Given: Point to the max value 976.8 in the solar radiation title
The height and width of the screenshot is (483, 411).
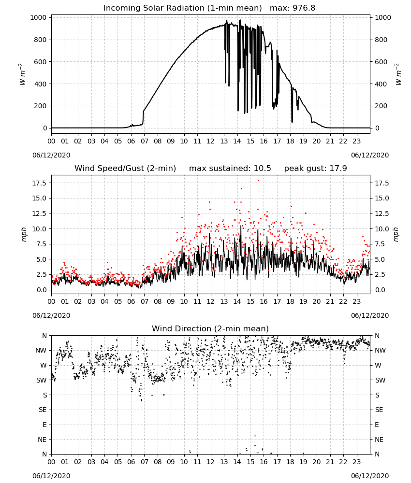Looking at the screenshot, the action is point(304,8).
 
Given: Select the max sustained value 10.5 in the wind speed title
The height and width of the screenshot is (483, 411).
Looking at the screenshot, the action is point(262,168).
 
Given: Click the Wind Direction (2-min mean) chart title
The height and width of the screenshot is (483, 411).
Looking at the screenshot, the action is point(210,328).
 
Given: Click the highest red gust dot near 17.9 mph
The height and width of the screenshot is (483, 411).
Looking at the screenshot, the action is point(258,181).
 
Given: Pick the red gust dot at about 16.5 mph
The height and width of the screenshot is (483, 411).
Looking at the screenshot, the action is point(241,188).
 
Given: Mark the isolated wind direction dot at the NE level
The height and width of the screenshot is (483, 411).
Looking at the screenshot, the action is point(255,436).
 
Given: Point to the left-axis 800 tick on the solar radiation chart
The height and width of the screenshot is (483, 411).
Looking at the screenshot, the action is point(41,40).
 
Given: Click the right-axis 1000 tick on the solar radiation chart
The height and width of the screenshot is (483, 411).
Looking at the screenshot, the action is point(382,17).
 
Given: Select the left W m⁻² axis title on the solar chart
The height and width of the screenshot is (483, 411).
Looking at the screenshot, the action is point(22,74).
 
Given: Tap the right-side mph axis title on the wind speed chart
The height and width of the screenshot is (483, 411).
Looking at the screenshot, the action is point(396,234).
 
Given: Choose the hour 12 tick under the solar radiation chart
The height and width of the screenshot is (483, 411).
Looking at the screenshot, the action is point(210,141).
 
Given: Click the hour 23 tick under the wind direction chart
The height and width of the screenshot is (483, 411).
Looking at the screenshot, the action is point(356,462).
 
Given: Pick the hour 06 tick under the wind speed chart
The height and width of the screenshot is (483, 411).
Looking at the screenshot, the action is point(131,301).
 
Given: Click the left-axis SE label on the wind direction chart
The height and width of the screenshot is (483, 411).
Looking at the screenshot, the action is point(43,410).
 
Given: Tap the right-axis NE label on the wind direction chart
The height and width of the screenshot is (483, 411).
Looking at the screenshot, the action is point(379,440).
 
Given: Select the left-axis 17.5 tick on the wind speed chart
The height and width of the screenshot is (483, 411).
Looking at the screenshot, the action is point(39,183).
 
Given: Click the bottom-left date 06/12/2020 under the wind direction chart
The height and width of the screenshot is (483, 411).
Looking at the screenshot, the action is point(51,476).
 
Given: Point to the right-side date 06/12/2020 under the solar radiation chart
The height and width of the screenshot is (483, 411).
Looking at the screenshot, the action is point(370,155).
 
